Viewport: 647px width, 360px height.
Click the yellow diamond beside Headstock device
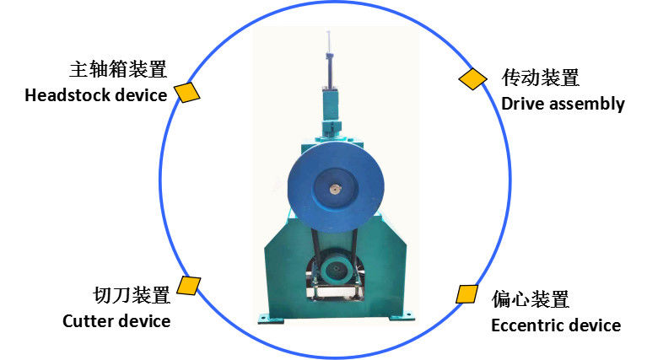(187, 93)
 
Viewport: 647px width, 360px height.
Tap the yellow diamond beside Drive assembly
(473, 79)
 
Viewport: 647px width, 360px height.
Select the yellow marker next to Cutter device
(189, 286)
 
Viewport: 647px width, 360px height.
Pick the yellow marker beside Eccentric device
(467, 294)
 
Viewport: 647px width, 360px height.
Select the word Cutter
(86, 321)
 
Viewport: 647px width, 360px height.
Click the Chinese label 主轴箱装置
(118, 69)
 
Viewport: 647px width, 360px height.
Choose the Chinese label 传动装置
(541, 78)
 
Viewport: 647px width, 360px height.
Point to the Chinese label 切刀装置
(132, 295)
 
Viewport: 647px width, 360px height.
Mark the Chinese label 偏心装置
(531, 299)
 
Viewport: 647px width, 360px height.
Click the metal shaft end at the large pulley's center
(335, 190)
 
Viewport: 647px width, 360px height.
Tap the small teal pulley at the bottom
(337, 269)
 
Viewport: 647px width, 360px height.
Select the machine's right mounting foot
(401, 316)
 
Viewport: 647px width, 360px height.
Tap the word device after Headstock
(141, 95)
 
